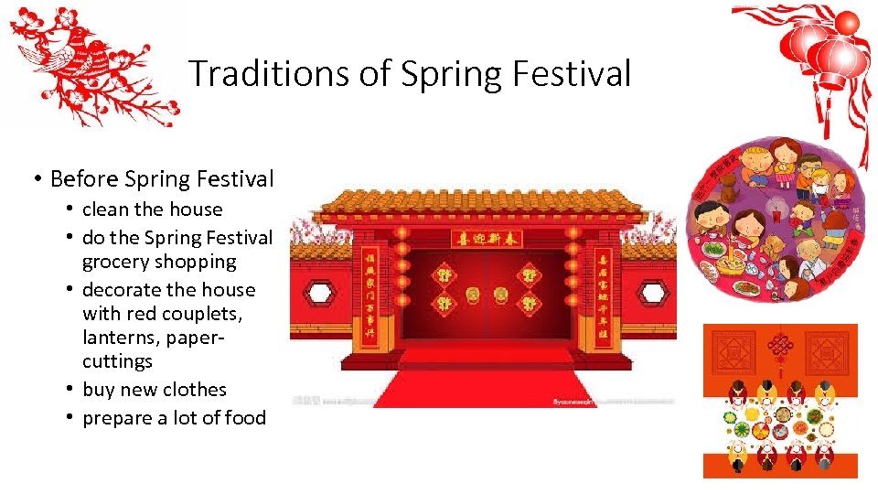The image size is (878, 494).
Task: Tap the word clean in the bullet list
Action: tap(107, 209)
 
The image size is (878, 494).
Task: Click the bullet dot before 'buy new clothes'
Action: tap(70, 390)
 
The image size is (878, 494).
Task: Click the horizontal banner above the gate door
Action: tap(487, 239)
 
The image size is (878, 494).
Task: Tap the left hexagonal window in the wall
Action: tap(319, 293)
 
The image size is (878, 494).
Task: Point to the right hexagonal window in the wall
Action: tap(652, 293)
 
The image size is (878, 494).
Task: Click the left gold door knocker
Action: tap(475, 295)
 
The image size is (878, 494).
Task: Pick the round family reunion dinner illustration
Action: tap(779, 220)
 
